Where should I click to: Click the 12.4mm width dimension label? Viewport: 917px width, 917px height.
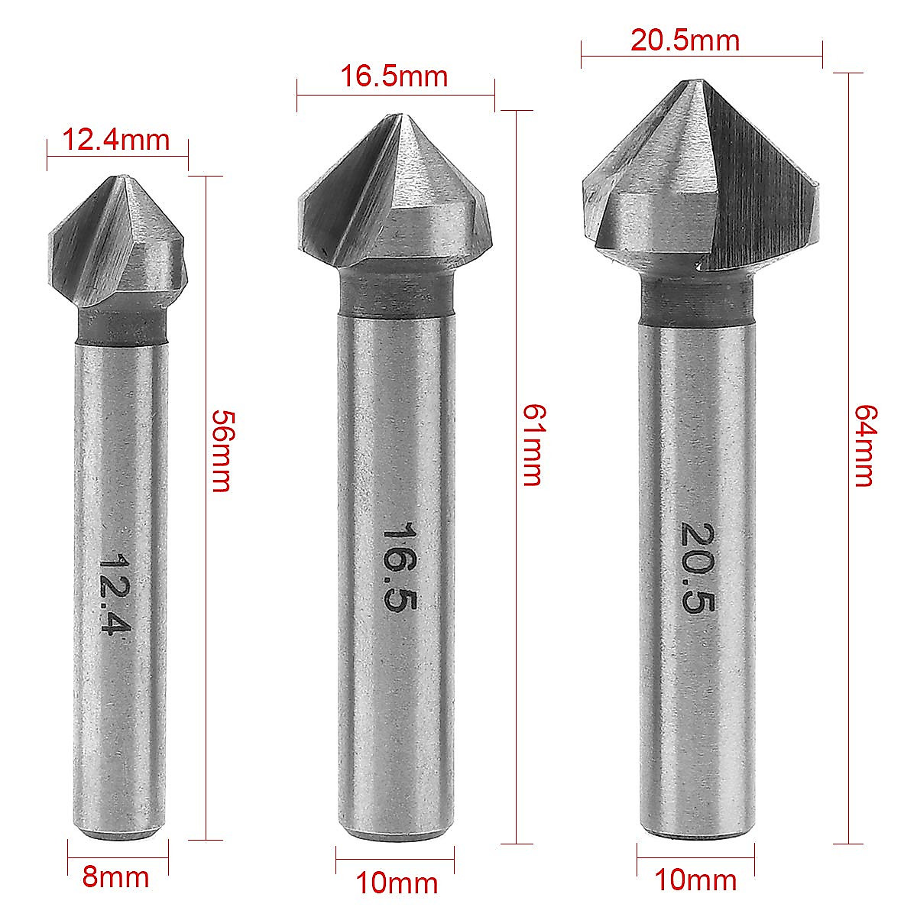[115, 140]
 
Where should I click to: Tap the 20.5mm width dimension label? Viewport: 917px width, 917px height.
[685, 40]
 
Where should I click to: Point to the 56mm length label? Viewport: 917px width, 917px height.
[221, 451]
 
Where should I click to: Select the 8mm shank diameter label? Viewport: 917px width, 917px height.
[115, 876]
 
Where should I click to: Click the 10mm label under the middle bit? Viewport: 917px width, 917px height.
[397, 883]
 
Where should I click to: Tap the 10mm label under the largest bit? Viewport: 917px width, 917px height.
[695, 880]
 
